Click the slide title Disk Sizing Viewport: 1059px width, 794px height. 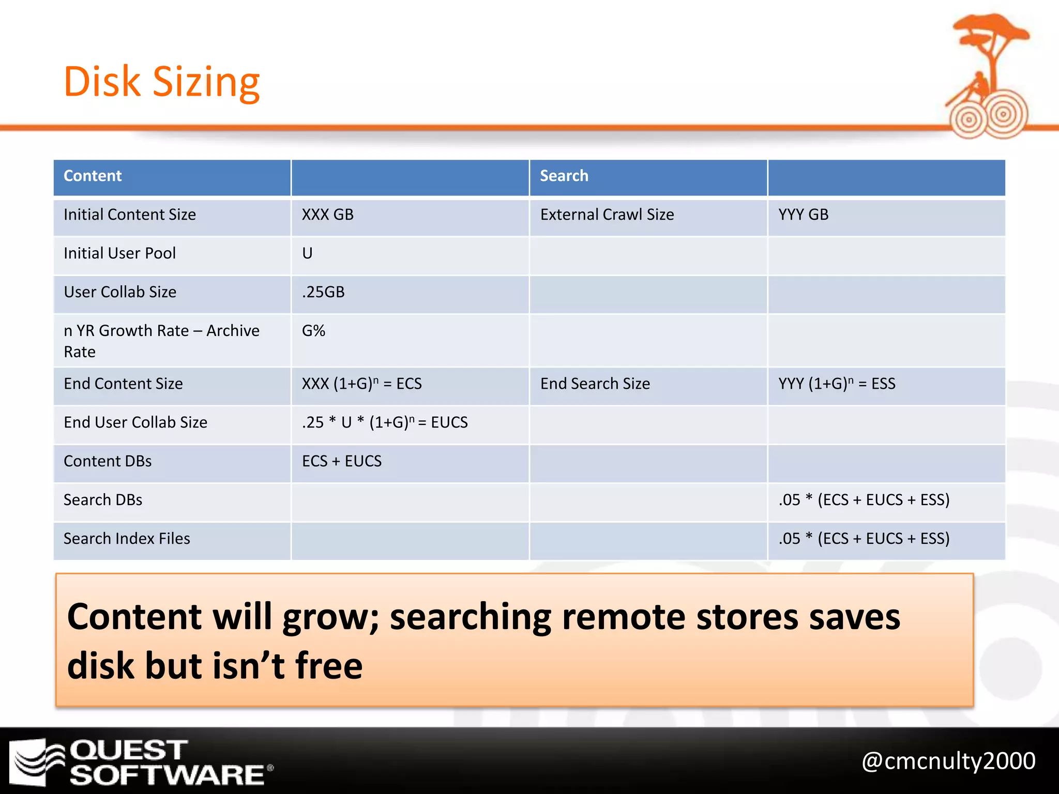161,82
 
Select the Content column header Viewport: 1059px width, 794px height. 93,176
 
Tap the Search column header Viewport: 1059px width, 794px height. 564,176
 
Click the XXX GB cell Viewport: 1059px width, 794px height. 327,215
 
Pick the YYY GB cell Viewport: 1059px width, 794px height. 804,215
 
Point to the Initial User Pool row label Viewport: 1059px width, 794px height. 119,253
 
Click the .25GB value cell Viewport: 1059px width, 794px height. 323,292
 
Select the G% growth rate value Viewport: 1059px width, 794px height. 313,331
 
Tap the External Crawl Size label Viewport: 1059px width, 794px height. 607,215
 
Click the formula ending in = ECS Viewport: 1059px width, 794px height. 361,384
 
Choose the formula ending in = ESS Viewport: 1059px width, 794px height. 837,384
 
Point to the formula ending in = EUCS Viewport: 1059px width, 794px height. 385,422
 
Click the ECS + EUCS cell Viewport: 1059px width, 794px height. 342,461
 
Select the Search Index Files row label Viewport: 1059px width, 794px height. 127,539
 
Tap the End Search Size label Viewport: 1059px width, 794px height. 595,384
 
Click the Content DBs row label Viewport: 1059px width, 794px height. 108,461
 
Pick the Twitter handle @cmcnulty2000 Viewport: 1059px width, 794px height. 948,761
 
